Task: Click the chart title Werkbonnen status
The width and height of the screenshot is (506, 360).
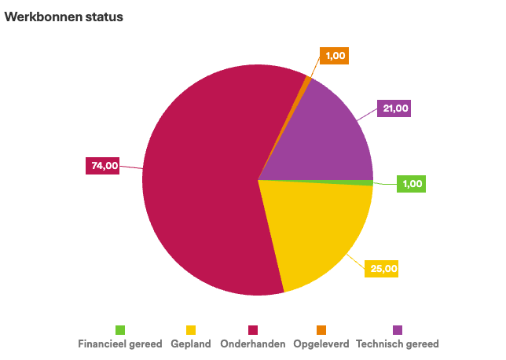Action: pyautogui.click(x=64, y=17)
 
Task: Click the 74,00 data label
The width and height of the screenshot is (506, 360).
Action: pyautogui.click(x=103, y=166)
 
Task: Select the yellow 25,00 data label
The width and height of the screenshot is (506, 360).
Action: pyautogui.click(x=383, y=269)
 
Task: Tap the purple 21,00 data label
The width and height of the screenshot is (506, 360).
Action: pyautogui.click(x=394, y=108)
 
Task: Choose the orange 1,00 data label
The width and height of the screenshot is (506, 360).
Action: pyautogui.click(x=334, y=56)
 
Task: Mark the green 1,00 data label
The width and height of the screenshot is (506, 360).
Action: pyautogui.click(x=412, y=184)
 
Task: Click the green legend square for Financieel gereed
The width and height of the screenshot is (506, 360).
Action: pyautogui.click(x=120, y=329)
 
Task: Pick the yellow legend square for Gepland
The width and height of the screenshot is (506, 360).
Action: pyautogui.click(x=191, y=329)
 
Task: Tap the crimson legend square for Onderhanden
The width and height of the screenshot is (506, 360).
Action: pyautogui.click(x=253, y=329)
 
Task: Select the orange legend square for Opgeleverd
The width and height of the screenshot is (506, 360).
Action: pyautogui.click(x=321, y=329)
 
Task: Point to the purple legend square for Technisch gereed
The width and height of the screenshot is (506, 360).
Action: pyautogui.click(x=398, y=329)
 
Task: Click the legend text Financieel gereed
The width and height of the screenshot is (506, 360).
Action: pyautogui.click(x=120, y=344)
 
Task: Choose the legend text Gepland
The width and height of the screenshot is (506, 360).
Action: pyautogui.click(x=191, y=344)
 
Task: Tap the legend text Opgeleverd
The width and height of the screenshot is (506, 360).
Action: pyautogui.click(x=321, y=344)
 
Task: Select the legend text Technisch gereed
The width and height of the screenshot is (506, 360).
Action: pyautogui.click(x=398, y=344)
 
